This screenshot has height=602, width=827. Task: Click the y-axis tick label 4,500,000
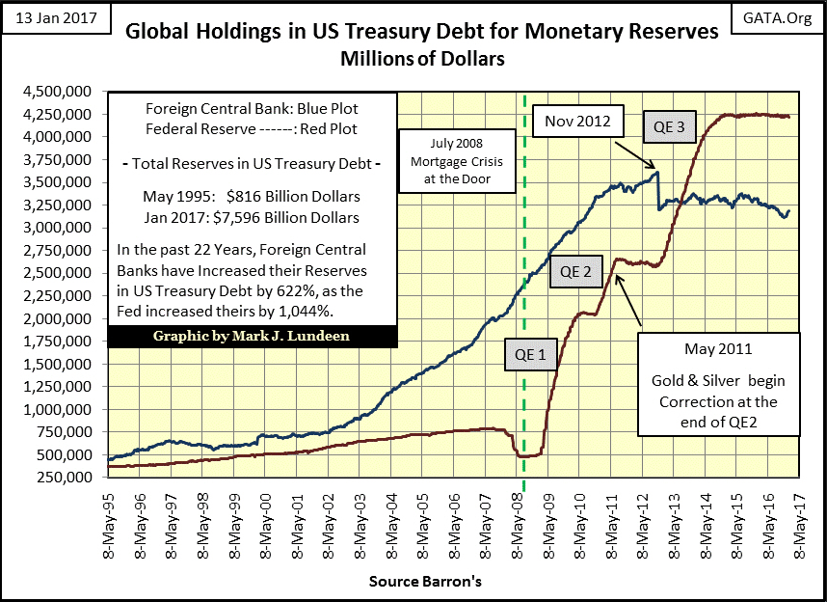(61, 92)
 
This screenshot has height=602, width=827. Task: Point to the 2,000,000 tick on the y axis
(61, 318)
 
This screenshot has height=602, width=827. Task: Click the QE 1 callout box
(528, 354)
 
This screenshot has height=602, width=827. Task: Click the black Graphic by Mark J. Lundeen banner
(251, 337)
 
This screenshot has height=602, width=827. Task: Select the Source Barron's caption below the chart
(425, 583)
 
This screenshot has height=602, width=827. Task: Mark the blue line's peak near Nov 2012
(656, 173)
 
